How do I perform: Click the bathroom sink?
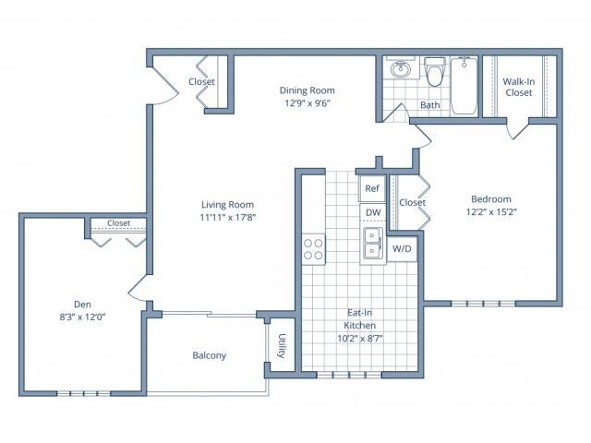tap(400, 68)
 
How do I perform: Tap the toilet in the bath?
tap(435, 72)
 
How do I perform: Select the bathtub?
tap(464, 86)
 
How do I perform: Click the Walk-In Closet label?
tap(519, 87)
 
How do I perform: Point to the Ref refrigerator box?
tap(372, 188)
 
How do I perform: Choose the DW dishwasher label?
tap(373, 212)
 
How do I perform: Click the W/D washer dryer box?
tap(402, 248)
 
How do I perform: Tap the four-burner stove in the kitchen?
tap(313, 249)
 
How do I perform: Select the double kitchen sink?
tap(373, 244)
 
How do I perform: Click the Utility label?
tap(282, 345)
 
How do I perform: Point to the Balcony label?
tap(210, 355)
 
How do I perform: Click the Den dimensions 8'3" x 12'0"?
tap(82, 317)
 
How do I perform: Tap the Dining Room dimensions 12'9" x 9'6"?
tap(308, 102)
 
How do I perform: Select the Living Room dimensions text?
tap(228, 218)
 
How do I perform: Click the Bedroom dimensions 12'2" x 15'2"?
tap(491, 211)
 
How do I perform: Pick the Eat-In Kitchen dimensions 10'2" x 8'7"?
tap(360, 339)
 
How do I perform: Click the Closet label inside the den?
tap(119, 223)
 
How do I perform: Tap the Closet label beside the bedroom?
tap(413, 202)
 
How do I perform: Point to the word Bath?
tap(430, 104)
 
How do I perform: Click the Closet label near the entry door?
tap(201, 81)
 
